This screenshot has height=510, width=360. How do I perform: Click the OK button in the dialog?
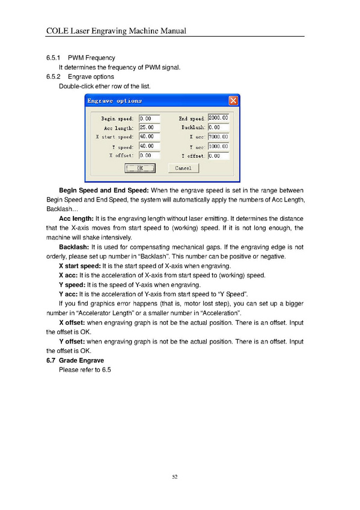(x=140, y=168)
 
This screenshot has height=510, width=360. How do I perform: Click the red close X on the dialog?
(x=233, y=100)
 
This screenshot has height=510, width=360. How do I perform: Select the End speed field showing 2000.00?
(x=218, y=118)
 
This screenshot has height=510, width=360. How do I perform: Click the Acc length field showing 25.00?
(x=150, y=127)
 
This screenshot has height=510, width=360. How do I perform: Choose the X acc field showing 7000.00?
(x=218, y=137)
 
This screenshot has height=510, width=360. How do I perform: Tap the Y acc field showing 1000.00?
(x=218, y=146)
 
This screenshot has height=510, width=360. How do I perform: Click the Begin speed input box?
(x=150, y=118)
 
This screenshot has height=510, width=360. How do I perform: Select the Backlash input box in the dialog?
(x=218, y=127)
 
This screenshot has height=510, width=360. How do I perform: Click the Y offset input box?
(x=218, y=156)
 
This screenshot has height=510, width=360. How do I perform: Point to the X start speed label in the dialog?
(x=114, y=137)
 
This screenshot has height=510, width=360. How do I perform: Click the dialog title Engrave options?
(x=114, y=101)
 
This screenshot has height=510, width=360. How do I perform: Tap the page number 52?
(x=175, y=477)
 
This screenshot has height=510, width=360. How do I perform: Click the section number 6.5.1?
(x=53, y=58)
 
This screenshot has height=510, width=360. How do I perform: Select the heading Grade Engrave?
(x=81, y=360)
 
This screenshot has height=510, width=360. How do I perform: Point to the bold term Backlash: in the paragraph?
(x=74, y=247)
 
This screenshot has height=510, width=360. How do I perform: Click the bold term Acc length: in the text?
(x=76, y=218)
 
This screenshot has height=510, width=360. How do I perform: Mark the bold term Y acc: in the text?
(x=69, y=294)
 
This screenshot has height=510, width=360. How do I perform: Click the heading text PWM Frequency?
(x=91, y=58)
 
